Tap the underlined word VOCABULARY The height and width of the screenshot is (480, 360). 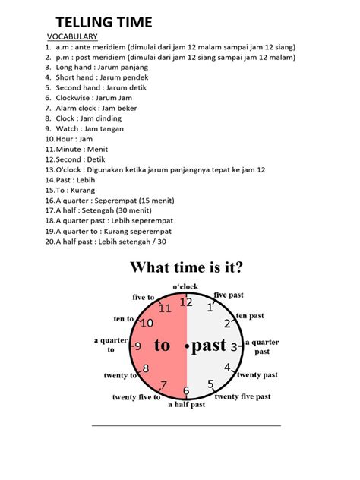point(72,36)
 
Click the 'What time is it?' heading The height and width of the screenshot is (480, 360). point(185,267)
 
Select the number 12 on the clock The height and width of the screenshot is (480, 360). point(186,302)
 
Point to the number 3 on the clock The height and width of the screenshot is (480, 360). point(235,347)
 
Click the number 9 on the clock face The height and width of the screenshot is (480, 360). point(137,346)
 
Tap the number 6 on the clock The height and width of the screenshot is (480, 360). point(185,391)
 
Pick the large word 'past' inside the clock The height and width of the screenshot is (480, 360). point(209,346)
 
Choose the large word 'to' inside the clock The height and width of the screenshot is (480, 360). point(162,346)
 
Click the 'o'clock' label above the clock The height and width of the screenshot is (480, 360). point(185,286)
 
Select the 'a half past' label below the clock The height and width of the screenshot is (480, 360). point(186,405)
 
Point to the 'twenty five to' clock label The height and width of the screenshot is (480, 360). point(136,397)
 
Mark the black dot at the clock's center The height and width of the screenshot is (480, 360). point(186,346)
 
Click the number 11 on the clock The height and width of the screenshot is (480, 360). point(165,308)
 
